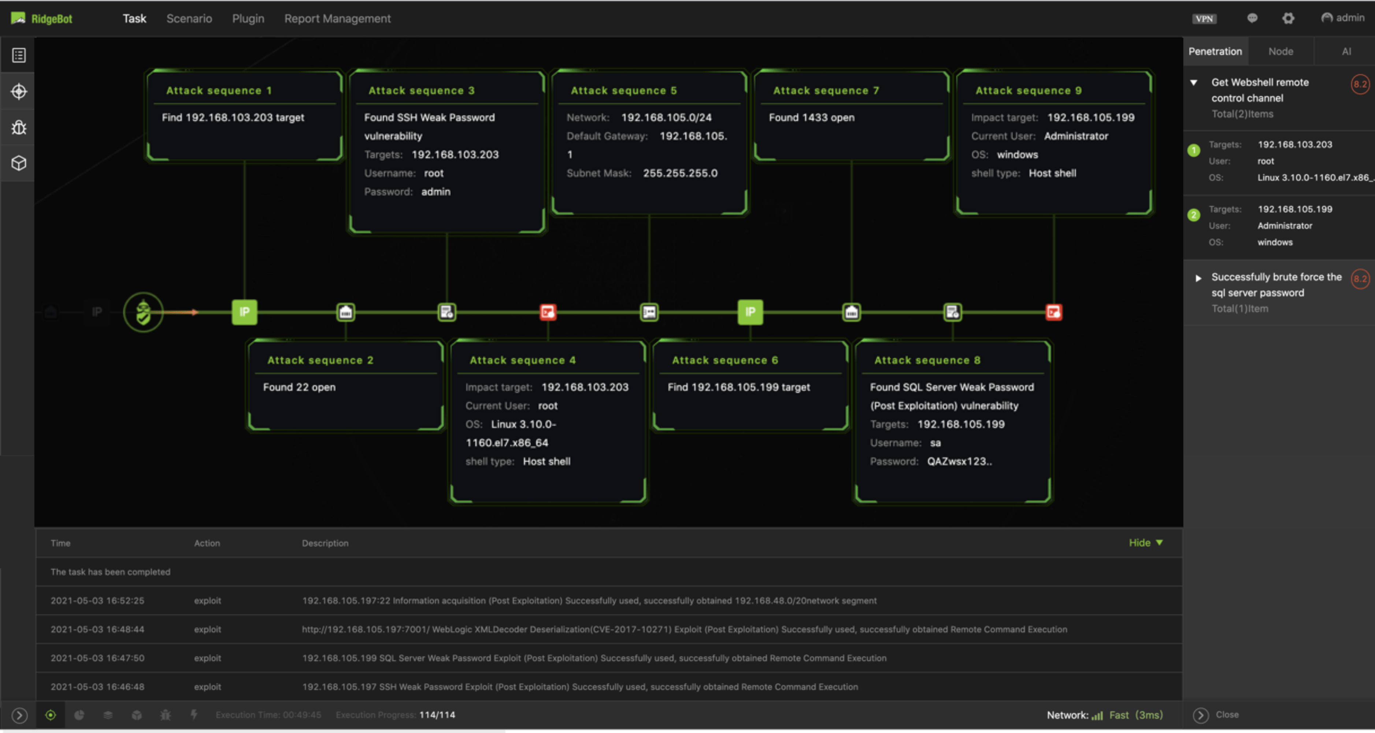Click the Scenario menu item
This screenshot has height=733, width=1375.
189,19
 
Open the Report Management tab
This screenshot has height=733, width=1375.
337,19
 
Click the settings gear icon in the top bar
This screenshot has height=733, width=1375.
1288,19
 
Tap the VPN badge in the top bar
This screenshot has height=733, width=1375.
1204,19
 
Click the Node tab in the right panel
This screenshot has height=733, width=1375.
1281,51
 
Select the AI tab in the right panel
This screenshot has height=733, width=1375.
1346,51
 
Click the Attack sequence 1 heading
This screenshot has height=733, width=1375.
219,91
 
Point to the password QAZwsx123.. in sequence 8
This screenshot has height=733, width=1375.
959,461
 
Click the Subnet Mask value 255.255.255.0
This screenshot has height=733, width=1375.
680,173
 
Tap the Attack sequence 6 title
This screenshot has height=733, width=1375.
725,360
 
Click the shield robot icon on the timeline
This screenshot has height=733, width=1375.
143,312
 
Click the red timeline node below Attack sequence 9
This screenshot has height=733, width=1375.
1053,312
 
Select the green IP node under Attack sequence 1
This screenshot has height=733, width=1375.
244,312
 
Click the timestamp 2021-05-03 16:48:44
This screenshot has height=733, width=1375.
97,629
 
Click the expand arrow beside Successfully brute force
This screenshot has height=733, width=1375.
1198,278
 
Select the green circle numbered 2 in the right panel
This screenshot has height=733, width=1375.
1194,215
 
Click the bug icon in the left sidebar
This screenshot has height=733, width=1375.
19,127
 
